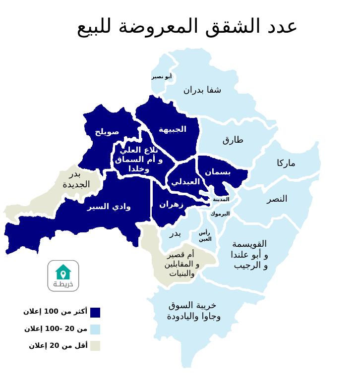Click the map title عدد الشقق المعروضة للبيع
click(187, 26)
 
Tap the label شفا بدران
click(202, 90)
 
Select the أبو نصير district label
click(162, 76)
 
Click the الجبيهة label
click(173, 129)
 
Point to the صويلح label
click(107, 131)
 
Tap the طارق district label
click(233, 139)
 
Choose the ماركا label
click(286, 163)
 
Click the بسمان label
click(218, 171)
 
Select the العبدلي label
click(185, 181)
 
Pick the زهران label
click(171, 204)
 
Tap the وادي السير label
click(109, 206)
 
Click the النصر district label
click(277, 199)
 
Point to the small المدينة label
click(221, 199)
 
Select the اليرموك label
click(220, 214)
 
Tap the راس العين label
click(205, 235)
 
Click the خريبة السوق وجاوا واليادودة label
click(193, 311)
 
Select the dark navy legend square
click(95, 313)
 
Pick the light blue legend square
click(95, 329)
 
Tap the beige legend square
click(95, 346)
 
